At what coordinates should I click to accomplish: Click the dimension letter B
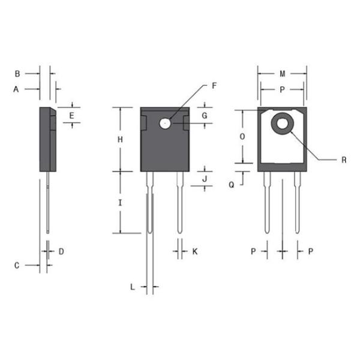pyautogui.click(x=17, y=74)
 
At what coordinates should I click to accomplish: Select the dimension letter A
pyautogui.click(x=17, y=89)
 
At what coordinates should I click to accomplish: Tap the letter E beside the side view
pyautogui.click(x=71, y=115)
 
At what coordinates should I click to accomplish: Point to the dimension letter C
pyautogui.click(x=17, y=265)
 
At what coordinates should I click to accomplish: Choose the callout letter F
pyautogui.click(x=214, y=85)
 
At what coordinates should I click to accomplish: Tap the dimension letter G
pyautogui.click(x=205, y=115)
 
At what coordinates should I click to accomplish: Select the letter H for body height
pyautogui.click(x=120, y=139)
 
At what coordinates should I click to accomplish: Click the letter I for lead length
pyautogui.click(x=120, y=203)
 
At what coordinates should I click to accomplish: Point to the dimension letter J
pyautogui.click(x=205, y=179)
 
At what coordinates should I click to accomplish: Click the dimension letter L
pyautogui.click(x=133, y=287)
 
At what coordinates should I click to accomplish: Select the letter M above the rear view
pyautogui.click(x=282, y=74)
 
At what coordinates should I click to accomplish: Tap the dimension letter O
pyautogui.click(x=242, y=137)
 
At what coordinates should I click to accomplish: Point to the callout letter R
pyautogui.click(x=344, y=160)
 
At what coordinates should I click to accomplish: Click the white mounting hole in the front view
pyautogui.click(x=165, y=123)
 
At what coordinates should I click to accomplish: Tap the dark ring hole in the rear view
pyautogui.click(x=282, y=124)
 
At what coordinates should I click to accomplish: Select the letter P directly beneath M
pyautogui.click(x=282, y=89)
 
